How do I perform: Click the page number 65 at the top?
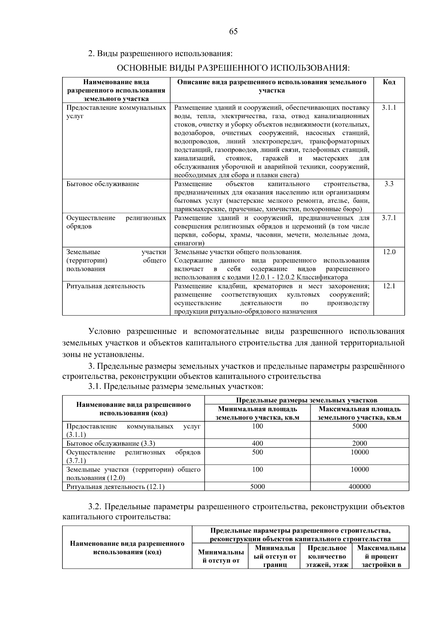tap(233, 32)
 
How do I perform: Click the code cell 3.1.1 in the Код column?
tap(389, 108)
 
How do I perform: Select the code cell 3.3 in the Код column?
tap(389, 184)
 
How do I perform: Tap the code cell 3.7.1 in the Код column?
tap(389, 218)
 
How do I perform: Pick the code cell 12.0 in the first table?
tap(389, 252)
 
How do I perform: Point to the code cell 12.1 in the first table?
tap(389, 286)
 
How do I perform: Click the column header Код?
tap(389, 82)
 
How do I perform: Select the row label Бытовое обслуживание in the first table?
tap(102, 184)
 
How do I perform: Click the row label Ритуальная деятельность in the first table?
tap(105, 286)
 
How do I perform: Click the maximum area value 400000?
tap(359, 486)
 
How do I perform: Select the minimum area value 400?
tap(257, 443)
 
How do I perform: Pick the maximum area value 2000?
tap(359, 443)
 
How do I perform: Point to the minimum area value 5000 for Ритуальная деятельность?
tap(257, 486)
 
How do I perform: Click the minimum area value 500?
tap(257, 452)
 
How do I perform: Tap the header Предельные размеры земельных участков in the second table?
tap(307, 400)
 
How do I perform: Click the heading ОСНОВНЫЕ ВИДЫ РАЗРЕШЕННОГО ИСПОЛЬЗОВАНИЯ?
tap(233, 68)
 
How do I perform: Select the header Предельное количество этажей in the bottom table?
tap(327, 556)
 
